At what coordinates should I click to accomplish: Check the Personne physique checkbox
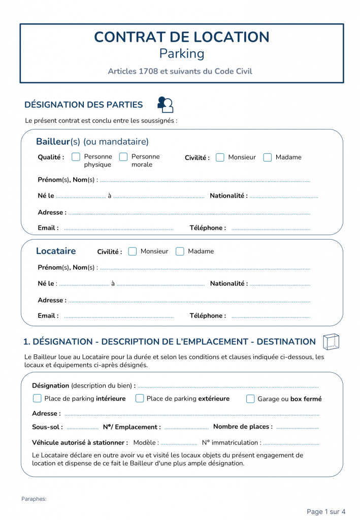[76, 157]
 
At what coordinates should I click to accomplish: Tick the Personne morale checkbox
[123, 157]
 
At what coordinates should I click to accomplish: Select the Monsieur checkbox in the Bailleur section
[220, 157]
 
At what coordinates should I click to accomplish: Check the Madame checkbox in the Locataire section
[180, 251]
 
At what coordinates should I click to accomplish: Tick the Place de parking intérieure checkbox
[37, 399]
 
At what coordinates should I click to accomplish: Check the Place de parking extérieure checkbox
[140, 399]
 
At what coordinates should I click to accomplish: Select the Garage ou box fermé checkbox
[250, 399]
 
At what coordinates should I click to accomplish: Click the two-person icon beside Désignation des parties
[166, 105]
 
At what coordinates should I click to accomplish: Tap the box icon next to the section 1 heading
[331, 342]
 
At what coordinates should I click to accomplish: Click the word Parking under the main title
[182, 53]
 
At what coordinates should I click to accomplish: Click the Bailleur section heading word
[53, 142]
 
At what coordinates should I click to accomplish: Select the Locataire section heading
[56, 251]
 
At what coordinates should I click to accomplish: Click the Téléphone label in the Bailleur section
[208, 228]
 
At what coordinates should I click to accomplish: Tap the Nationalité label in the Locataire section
[229, 284]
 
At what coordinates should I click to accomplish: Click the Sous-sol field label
[47, 427]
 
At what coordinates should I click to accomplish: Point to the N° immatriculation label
[232, 443]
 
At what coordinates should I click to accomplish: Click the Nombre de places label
[243, 427]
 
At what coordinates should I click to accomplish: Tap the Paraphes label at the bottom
[34, 499]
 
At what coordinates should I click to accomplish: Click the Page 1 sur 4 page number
[326, 511]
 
